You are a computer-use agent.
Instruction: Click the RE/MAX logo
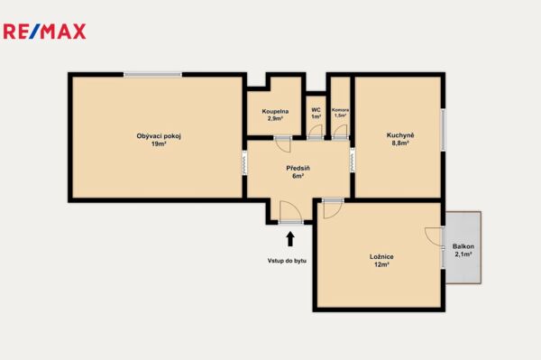44,32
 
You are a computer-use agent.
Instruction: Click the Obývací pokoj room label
159,136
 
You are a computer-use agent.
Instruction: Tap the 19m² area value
159,144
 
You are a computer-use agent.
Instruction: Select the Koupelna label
275,111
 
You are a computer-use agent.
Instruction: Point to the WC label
316,110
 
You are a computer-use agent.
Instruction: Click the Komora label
340,110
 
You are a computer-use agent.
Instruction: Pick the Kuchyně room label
400,135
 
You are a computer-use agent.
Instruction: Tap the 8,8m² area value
400,143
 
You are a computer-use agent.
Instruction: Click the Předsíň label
298,168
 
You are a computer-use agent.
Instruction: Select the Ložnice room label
381,256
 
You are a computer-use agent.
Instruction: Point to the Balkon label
463,246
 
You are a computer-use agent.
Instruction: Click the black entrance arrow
290,238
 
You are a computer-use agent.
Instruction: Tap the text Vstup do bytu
287,261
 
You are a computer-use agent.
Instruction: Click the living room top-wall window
153,74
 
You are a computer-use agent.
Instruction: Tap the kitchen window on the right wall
443,130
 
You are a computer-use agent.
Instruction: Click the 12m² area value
381,264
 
